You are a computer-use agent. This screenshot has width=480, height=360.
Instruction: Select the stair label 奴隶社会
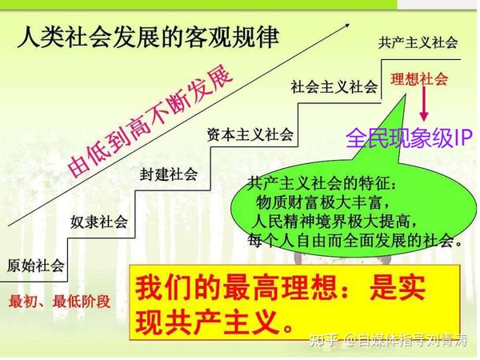pos(99,222)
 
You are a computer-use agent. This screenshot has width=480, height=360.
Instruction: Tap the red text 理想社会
pos(419,79)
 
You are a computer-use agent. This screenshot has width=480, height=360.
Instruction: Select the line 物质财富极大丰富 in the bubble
pos(320,202)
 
